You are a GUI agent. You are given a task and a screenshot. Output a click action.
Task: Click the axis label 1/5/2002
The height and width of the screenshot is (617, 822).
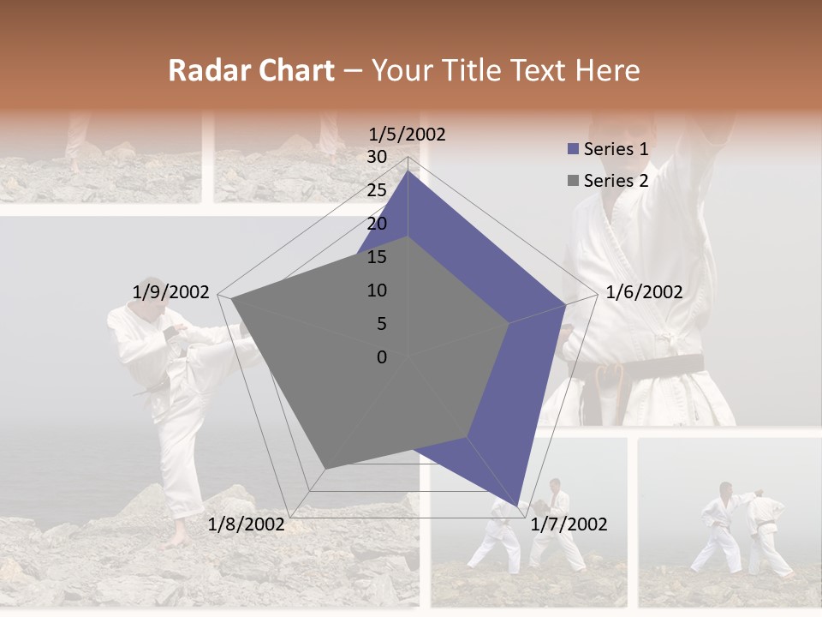407,135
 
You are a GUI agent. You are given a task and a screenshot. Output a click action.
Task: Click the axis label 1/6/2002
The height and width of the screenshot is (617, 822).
644,292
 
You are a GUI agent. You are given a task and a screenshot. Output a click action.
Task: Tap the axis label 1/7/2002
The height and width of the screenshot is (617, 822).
569,524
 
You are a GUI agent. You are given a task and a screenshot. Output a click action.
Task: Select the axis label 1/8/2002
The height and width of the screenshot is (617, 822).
247,524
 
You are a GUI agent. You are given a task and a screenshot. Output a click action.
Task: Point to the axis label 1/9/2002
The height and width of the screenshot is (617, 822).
171,292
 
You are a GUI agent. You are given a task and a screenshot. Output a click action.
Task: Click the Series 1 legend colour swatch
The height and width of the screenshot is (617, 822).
573,150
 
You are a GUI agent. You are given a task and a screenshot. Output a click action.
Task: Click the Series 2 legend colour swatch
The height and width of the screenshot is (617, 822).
573,181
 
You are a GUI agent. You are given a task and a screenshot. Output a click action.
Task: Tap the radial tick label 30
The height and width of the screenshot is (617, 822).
377,158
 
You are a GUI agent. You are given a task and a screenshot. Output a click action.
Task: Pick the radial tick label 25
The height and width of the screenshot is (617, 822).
377,191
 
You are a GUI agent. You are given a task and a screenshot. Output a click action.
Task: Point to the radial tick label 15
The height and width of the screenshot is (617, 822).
377,258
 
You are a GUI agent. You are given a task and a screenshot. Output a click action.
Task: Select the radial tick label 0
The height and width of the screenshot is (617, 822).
382,357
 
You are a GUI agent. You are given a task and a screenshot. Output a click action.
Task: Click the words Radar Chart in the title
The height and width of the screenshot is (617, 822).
251,71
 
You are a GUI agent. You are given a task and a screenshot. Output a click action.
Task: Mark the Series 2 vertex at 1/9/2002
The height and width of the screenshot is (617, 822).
232,298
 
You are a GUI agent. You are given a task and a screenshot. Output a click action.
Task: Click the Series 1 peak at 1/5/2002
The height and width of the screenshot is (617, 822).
408,171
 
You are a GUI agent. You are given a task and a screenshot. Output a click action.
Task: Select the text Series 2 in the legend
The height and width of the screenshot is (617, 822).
616,181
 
